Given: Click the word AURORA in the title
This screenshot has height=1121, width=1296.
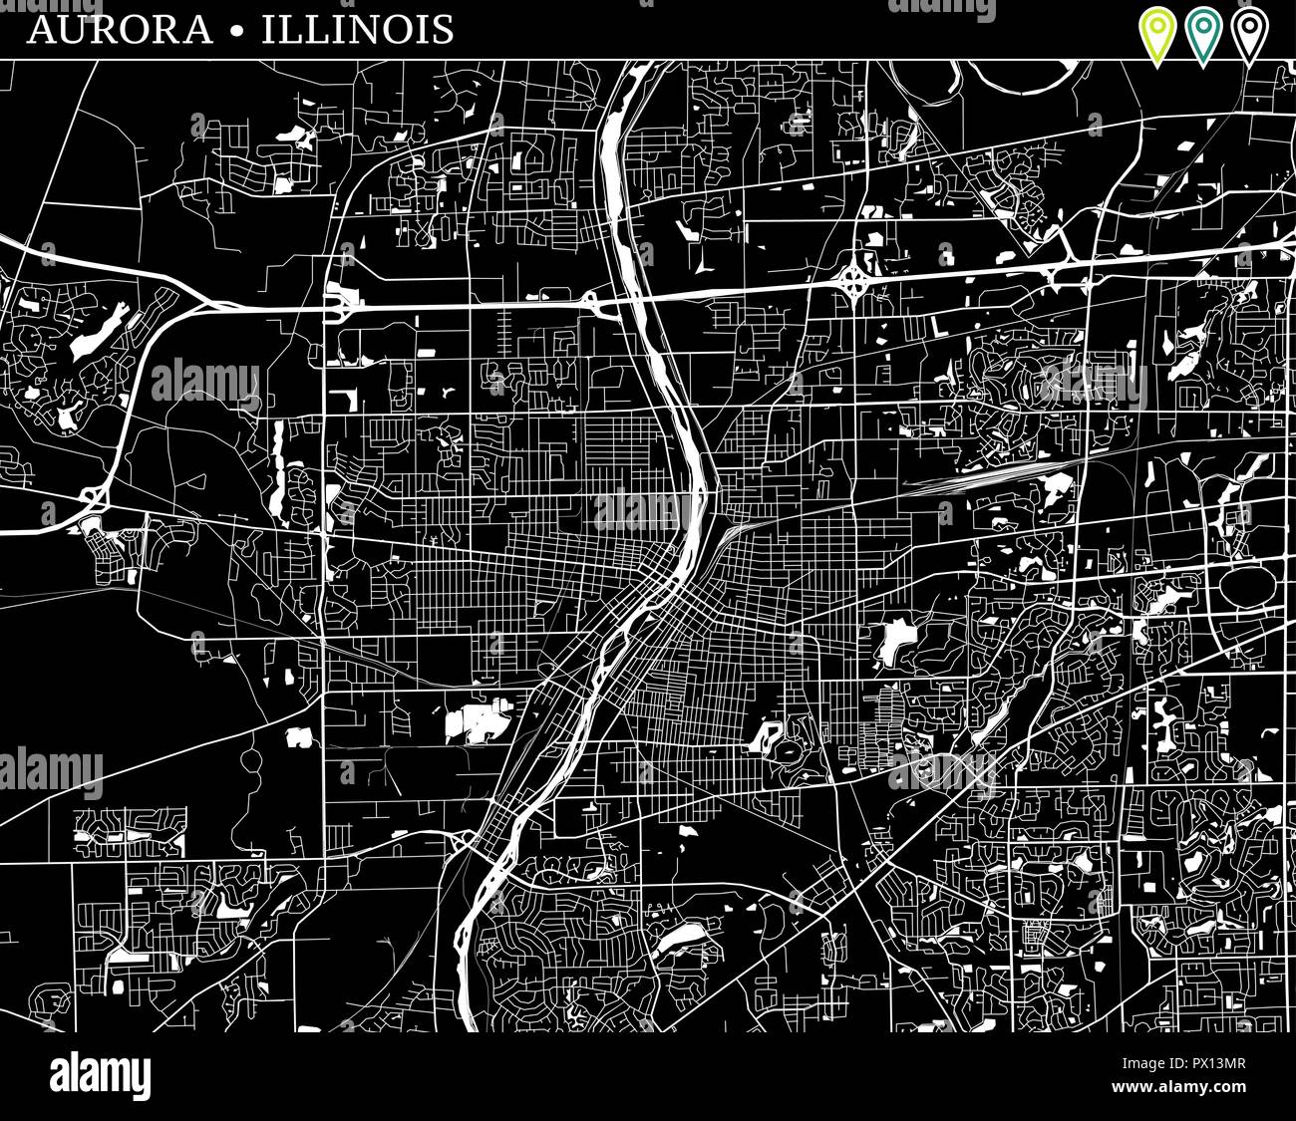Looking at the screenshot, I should (120, 29).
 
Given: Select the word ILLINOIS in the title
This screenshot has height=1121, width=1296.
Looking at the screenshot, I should (357, 29).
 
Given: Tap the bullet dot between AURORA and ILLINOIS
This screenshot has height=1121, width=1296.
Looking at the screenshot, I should (236, 30).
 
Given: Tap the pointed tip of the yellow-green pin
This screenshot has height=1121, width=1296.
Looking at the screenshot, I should (1156, 65).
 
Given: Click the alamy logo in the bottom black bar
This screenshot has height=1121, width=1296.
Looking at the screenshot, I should (100, 1077).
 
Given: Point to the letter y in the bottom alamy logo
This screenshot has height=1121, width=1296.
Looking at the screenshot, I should (143, 1081).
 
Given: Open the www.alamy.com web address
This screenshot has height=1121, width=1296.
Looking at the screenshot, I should (1179, 1086).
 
